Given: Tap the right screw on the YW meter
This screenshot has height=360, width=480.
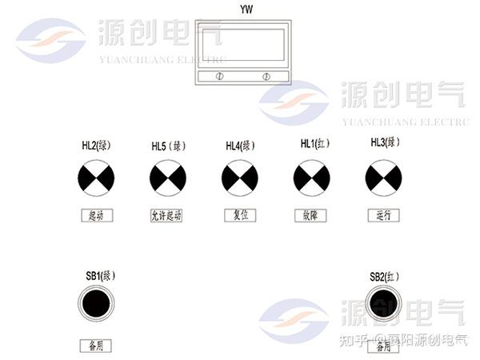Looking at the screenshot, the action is (x=266, y=76).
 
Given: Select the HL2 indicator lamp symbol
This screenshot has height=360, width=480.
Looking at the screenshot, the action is (x=96, y=177).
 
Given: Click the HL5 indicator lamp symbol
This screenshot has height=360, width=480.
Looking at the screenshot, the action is (x=168, y=177).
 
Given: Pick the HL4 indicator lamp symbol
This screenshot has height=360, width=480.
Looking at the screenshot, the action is (x=239, y=177).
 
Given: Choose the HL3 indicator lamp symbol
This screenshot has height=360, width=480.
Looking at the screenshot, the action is (x=382, y=177).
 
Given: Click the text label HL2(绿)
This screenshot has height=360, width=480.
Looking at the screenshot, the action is (x=96, y=146).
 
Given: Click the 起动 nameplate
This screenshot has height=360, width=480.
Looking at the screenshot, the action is (x=96, y=215).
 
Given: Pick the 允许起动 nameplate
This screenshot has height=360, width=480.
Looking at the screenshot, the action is (x=166, y=215).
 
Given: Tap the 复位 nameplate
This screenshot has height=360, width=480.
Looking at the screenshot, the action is (x=239, y=214).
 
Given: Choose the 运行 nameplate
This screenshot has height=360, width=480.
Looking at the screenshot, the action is (x=382, y=214).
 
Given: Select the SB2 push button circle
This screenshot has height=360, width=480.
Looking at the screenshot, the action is (x=382, y=304).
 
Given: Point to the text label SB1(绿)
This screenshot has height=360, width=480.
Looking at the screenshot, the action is (x=102, y=275).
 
